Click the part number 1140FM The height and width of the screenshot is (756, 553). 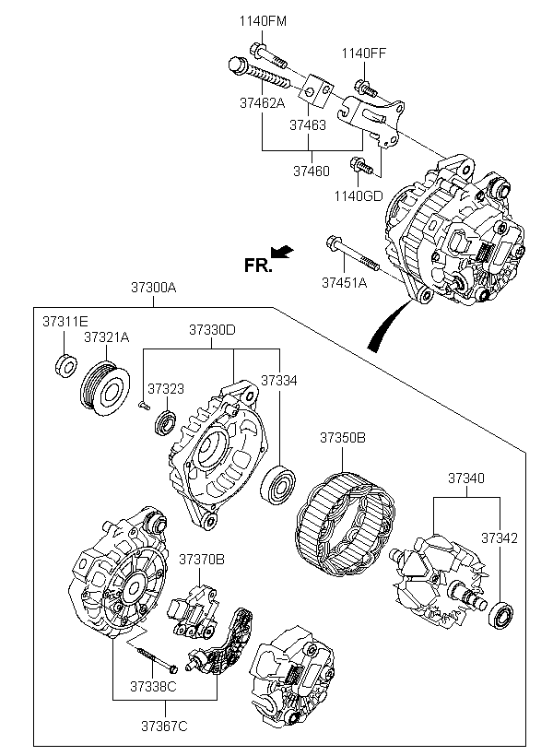tap(263, 21)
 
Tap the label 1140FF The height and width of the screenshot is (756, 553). tap(364, 53)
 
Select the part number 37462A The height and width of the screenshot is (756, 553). tap(263, 102)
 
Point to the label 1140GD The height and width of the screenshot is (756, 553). tap(359, 195)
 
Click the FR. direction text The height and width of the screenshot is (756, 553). tap(258, 265)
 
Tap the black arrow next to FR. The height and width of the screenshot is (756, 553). tap(282, 252)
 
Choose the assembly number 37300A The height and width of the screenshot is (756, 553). tap(154, 288)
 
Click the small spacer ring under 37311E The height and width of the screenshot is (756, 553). tap(65, 365)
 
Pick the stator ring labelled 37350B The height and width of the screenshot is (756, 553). tap(344, 526)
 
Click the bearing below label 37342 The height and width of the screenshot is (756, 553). tap(501, 615)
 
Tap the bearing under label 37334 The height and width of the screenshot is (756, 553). tap(278, 485)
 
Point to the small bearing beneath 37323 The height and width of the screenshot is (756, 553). tap(165, 423)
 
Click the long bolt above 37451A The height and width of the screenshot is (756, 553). tap(353, 254)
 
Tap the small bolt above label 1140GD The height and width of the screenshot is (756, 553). tap(361, 166)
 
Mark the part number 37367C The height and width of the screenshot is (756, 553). tap(164, 726)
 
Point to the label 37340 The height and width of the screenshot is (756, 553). tap(466, 478)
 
